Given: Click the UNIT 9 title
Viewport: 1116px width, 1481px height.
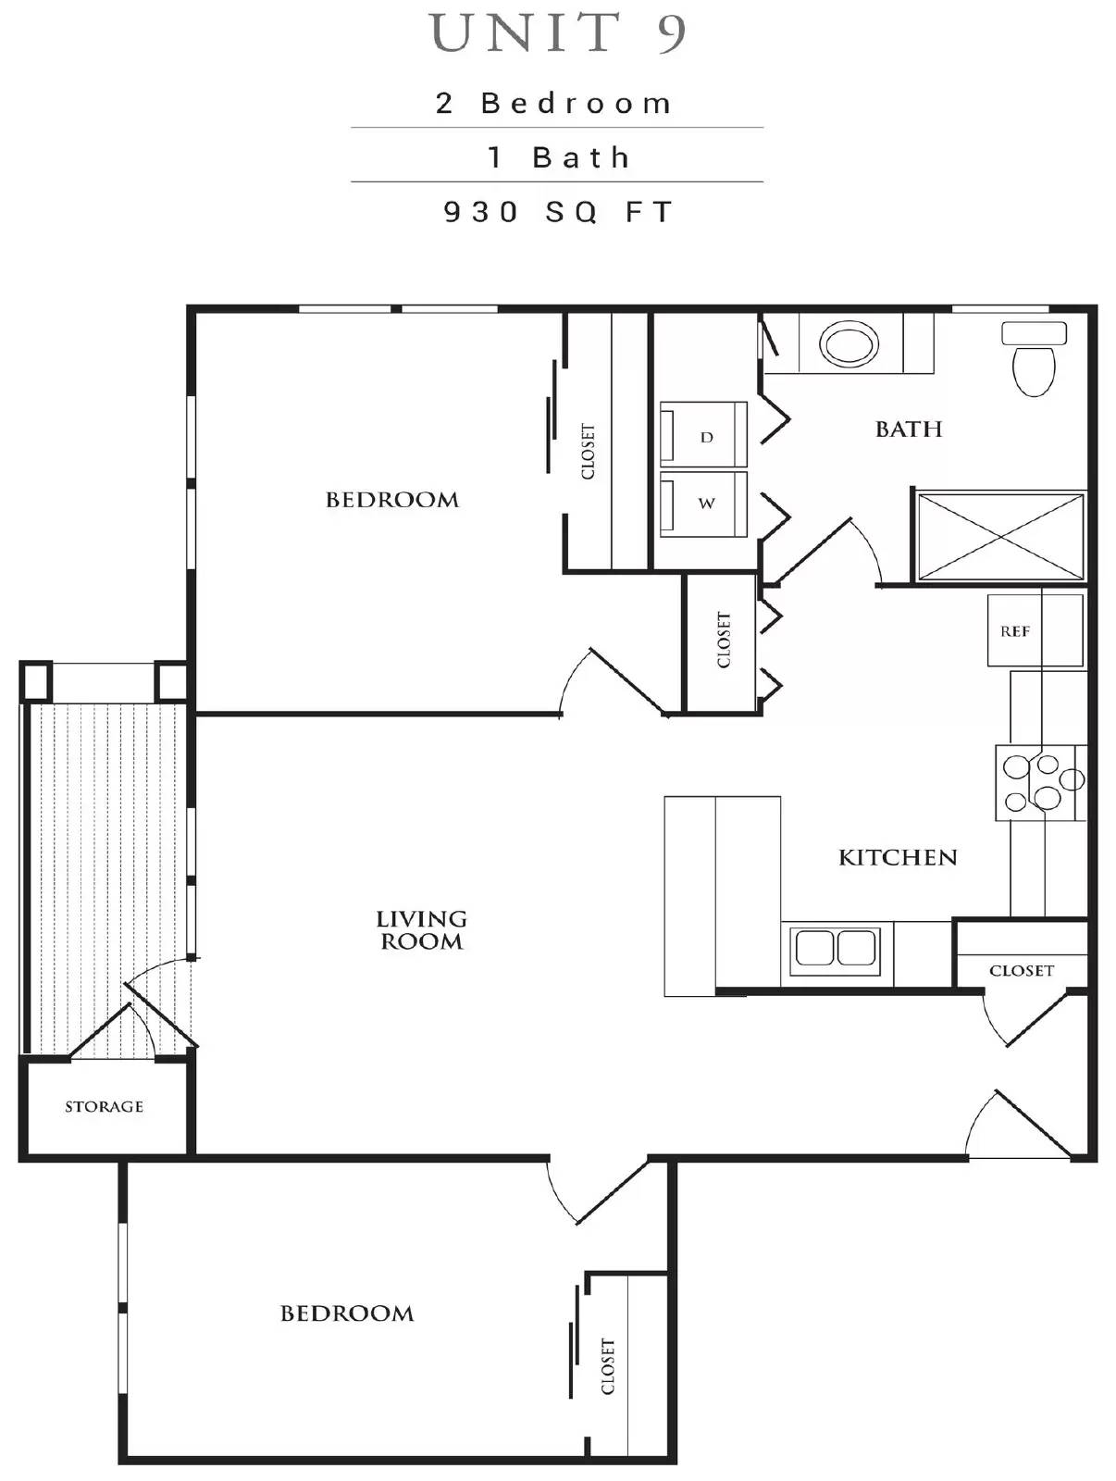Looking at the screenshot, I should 558,33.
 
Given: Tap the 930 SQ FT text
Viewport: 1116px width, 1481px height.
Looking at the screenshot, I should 558,212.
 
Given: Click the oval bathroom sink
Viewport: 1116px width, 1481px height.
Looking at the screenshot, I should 849,345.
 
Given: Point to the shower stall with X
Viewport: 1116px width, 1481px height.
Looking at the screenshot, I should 999,537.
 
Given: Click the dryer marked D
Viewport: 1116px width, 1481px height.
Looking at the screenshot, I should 704,435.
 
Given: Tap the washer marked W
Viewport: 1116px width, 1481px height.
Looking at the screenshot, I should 704,504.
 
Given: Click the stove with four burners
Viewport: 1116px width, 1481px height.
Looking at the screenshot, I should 1041,782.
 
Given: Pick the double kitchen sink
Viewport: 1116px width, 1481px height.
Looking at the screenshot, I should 836,948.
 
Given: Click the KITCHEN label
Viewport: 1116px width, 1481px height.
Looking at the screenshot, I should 897,857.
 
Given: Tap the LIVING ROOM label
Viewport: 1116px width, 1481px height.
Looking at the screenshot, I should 421,929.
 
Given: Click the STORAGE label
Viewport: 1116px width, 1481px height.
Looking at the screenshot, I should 104,1106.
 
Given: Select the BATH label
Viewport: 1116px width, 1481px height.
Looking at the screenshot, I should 908,429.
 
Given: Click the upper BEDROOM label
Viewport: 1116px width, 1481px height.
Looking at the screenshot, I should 391,500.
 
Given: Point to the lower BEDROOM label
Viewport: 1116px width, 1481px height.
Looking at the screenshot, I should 346,1313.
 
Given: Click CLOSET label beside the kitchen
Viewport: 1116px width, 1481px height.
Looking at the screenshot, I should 1021,970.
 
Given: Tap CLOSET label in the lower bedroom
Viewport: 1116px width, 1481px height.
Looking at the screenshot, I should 607,1366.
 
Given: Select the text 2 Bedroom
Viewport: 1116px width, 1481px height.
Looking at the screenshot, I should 554,103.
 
